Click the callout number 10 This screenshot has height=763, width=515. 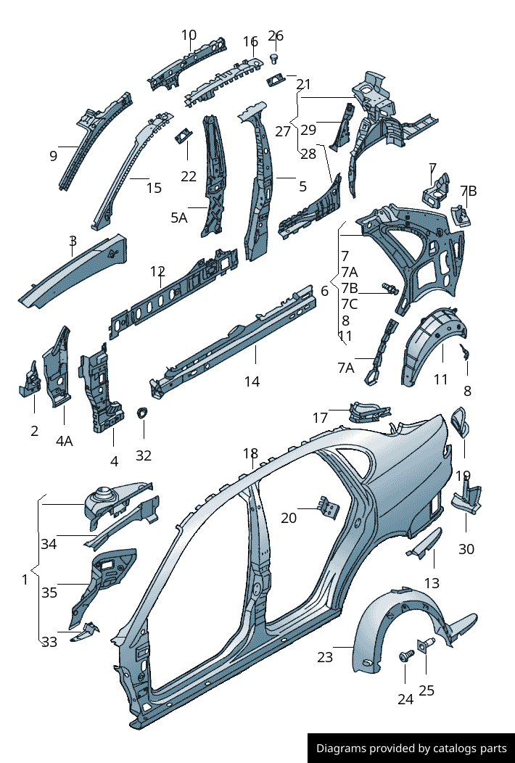tap(189, 35)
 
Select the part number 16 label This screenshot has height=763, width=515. tap(250, 41)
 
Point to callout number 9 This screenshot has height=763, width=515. tap(53, 155)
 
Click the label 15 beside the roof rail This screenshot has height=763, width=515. tap(154, 188)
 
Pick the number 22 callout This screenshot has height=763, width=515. tap(189, 176)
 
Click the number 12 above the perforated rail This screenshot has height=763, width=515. tap(158, 272)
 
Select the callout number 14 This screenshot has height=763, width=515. tap(252, 381)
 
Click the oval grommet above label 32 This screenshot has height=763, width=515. tap(142, 413)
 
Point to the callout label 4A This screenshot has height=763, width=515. tap(64, 440)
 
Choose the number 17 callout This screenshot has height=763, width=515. tap(321, 418)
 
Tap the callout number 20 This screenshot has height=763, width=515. tap(289, 518)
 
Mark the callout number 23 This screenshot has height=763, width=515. tap(324, 657)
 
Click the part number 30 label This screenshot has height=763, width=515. tap(466, 549)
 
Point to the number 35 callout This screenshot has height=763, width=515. tap(49, 593)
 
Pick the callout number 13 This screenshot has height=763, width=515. tap(432, 582)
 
